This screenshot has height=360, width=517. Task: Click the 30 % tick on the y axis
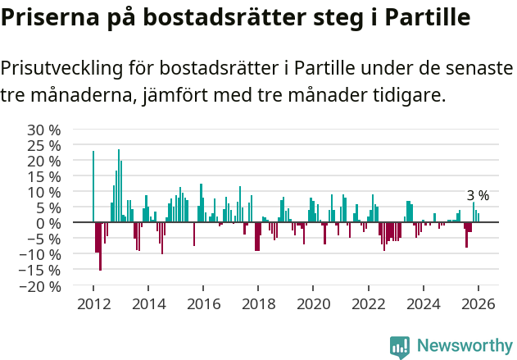[x=44, y=130]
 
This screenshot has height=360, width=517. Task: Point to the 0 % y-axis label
[x=48, y=223]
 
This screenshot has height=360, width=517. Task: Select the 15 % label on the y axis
[x=44, y=176]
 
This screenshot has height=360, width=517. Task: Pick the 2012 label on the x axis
[x=93, y=303]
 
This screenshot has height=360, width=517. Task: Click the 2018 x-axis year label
[x=258, y=303]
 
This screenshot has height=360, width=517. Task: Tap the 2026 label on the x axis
[x=478, y=303]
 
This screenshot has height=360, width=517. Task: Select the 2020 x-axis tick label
[x=313, y=303]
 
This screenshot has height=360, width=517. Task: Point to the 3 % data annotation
[x=478, y=196]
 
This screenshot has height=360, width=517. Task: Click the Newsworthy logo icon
[x=400, y=346]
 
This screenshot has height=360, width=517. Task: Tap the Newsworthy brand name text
[x=464, y=346]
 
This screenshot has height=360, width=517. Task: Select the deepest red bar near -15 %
[x=100, y=246]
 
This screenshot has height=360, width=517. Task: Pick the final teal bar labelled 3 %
[x=478, y=218]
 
